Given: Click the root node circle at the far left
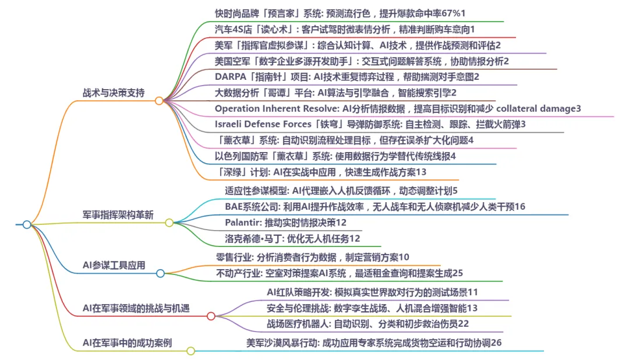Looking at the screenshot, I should pyautogui.click(x=27, y=224).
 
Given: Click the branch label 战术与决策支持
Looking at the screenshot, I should pyautogui.click(x=114, y=93).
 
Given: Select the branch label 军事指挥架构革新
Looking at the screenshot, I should pyautogui.click(x=118, y=214).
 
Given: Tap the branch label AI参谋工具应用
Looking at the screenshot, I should pyautogui.click(x=114, y=265).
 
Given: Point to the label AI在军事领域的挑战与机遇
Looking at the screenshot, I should pyautogui.click(x=136, y=308).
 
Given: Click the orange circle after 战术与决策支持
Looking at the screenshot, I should pyautogui.click(x=159, y=101).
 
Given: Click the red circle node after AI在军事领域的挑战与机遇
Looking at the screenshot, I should pyautogui.click(x=211, y=316).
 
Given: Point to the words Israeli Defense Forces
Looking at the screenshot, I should pyautogui.click(x=263, y=123).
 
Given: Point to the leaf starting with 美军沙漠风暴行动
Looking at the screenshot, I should pyautogui.click(x=373, y=343).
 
